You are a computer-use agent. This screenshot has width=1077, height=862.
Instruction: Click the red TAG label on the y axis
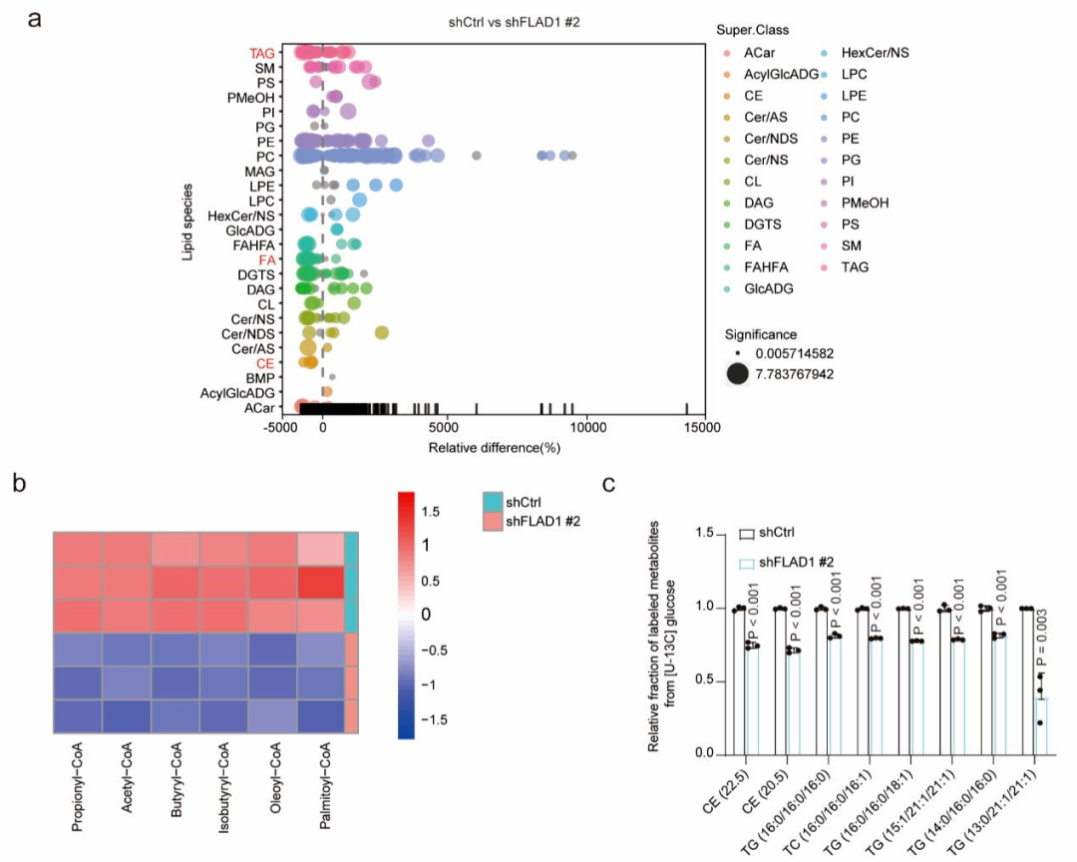pos(262,53)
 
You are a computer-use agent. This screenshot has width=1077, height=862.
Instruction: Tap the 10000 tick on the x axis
pos(586,428)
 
